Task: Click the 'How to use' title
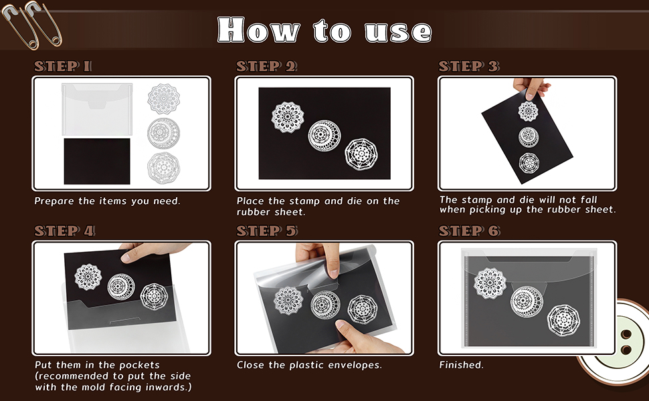point(324,30)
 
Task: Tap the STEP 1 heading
point(64,66)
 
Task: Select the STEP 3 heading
point(468,66)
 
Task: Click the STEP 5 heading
point(266,231)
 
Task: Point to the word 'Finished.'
point(461,365)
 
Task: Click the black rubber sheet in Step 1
point(97,161)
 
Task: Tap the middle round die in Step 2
point(324,134)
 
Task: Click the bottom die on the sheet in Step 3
point(529,162)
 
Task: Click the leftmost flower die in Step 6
point(490,283)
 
